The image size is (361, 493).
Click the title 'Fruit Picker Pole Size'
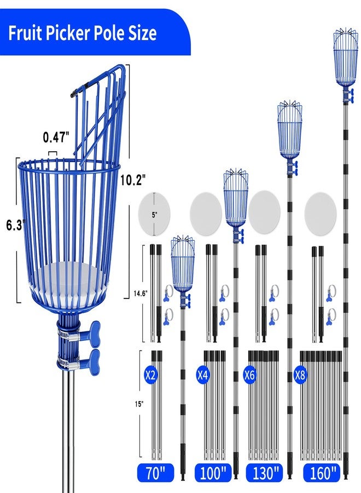tap(82, 33)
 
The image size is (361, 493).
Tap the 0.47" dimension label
tap(56, 137)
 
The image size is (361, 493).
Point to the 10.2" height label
tap(133, 180)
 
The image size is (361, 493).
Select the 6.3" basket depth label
tap(15, 225)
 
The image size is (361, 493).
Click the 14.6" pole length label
tap(140, 294)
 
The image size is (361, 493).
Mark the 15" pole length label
tap(139, 404)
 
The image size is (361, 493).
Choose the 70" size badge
tap(155, 473)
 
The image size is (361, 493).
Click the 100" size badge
tap(213, 473)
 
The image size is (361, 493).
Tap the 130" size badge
tap(264, 473)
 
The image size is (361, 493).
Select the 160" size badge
tap(322, 473)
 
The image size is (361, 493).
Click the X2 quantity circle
tap(150, 375)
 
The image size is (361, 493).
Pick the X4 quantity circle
tap(202, 375)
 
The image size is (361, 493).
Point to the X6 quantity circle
tap(249, 375)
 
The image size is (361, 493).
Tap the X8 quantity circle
tap(300, 375)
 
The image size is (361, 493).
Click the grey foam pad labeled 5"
tap(154, 214)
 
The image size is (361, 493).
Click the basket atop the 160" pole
tap(345, 58)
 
